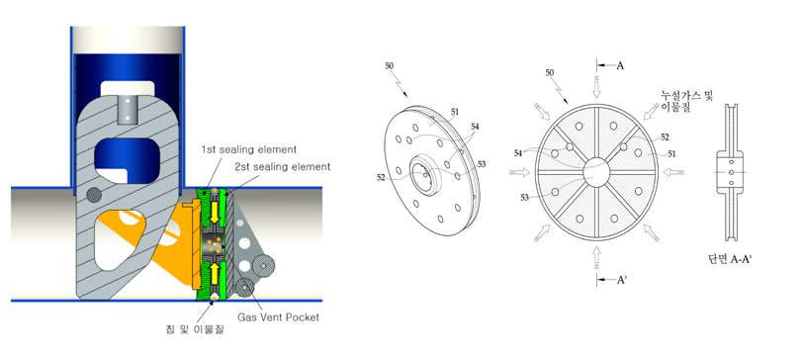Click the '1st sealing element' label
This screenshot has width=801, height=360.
[x=248, y=149]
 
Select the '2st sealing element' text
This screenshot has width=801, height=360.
[x=283, y=166]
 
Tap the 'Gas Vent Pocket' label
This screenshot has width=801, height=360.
[x=278, y=317]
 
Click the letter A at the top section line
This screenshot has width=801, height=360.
[x=620, y=66]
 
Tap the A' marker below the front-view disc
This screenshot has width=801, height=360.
[x=622, y=280]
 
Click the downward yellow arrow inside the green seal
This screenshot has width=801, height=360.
[x=215, y=211]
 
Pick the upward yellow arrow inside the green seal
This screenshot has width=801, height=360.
[x=215, y=274]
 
